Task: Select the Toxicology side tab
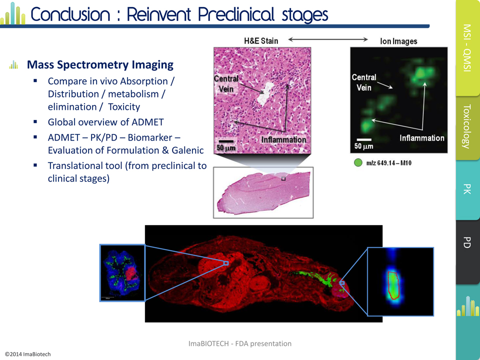pos(468,127)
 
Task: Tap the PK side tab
pos(468,189)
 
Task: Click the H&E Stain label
pos(261,40)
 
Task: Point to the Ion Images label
pos(398,41)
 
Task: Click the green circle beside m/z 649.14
pos(358,162)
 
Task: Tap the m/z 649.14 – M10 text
pos(389,163)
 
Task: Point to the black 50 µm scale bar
pos(226,141)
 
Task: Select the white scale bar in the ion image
pos(364,139)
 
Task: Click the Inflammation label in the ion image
pos(422,138)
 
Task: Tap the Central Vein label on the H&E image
pos(226,83)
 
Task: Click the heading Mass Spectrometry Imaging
pos(100,64)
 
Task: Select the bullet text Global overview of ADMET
pos(105,122)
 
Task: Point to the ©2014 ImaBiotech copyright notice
pos(27,354)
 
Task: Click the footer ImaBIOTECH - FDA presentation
pos(239,343)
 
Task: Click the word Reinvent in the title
pos(158,14)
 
